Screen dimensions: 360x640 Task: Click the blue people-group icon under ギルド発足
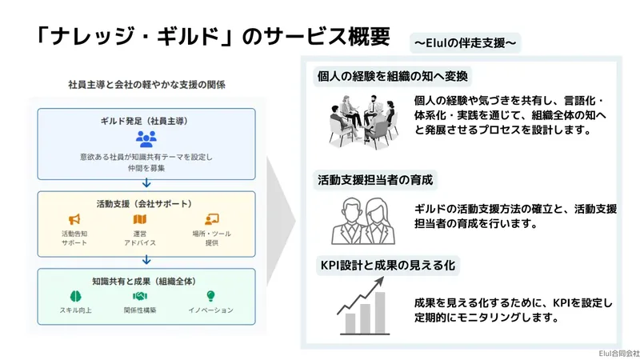146,138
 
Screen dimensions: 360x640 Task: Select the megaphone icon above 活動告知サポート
74,219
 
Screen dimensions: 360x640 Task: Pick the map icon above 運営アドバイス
140,219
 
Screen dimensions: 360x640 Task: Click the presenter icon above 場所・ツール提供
212,219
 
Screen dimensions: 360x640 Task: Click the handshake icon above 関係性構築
140,296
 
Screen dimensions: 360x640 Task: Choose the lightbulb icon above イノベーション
211,296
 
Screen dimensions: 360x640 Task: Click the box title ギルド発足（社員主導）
146,121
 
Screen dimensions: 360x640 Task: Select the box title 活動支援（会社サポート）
146,203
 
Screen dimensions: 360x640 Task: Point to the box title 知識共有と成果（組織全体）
146,281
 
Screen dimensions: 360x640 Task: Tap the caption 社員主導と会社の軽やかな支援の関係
146,85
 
